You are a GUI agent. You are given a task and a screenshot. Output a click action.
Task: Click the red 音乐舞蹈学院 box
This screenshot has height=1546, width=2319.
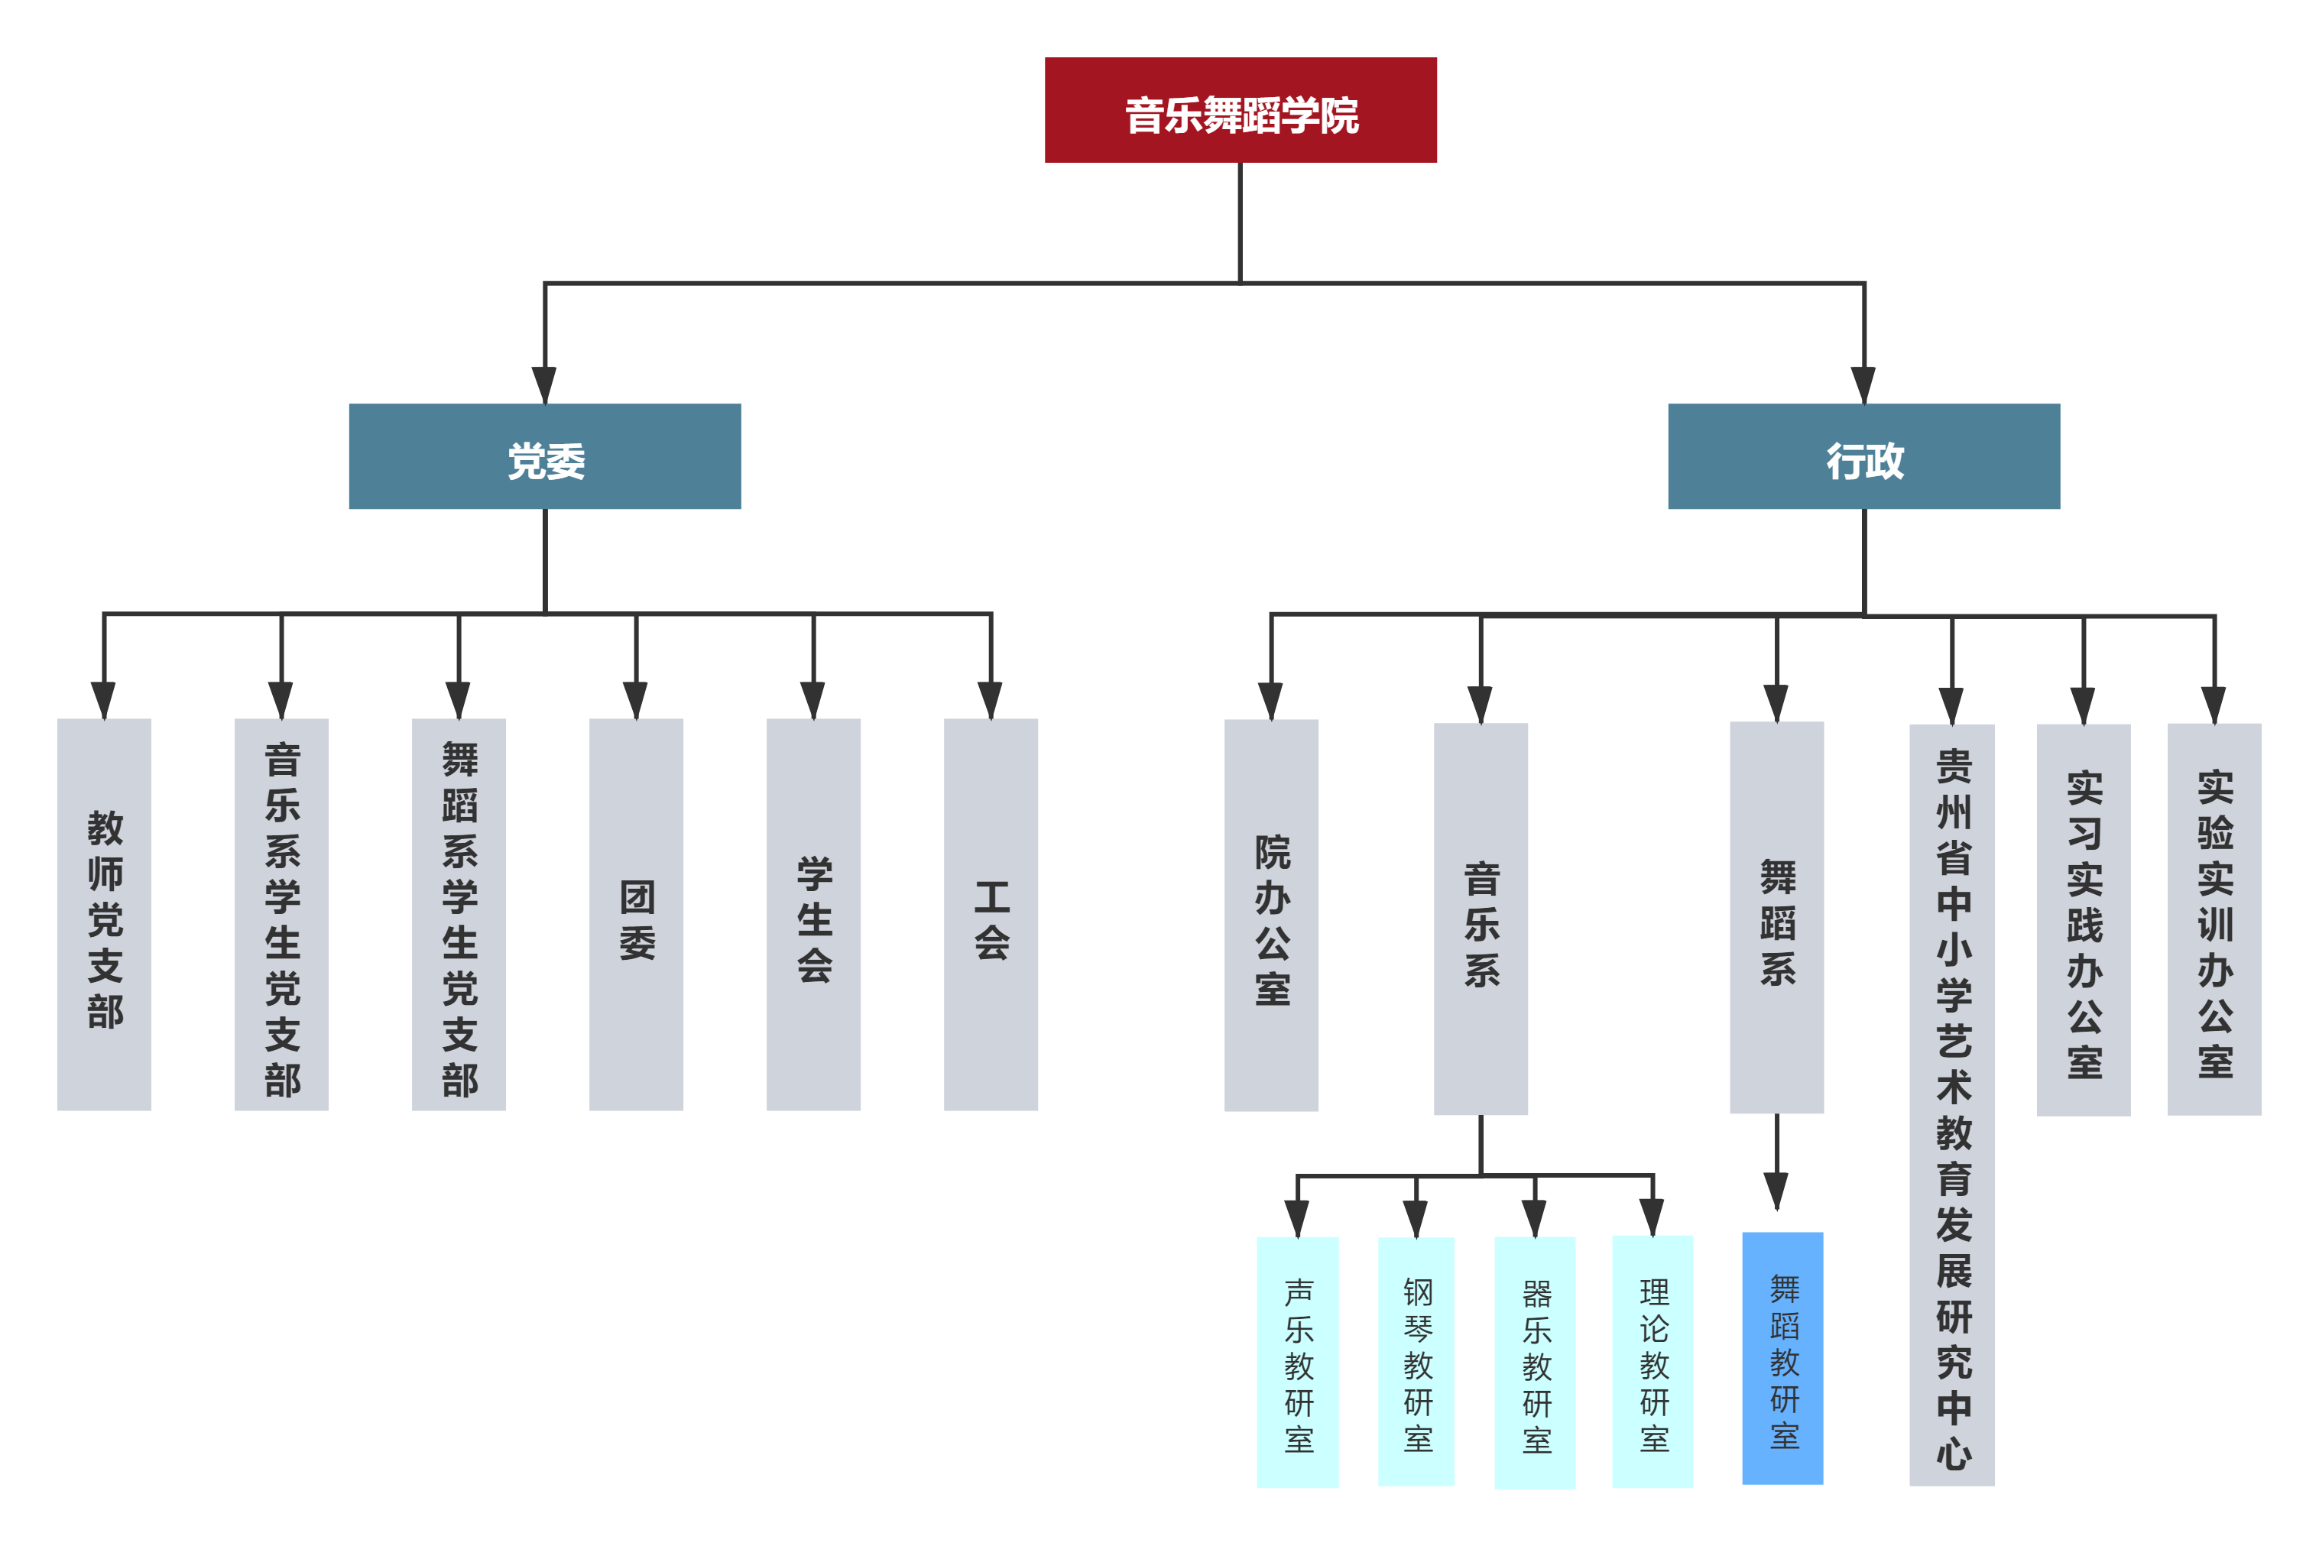click(1241, 110)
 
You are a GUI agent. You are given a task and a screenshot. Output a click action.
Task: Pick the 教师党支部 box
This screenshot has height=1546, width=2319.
click(105, 914)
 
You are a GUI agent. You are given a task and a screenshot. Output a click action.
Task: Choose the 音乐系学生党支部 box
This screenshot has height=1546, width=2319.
click(282, 914)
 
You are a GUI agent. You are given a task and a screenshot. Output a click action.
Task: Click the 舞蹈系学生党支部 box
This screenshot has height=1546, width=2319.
click(459, 914)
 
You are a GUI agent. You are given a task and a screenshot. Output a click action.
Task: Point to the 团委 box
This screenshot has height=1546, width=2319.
click(636, 914)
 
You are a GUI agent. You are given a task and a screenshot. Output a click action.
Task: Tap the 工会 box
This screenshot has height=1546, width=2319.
click(991, 914)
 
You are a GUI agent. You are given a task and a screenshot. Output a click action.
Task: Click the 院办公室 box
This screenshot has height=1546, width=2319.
click(1272, 915)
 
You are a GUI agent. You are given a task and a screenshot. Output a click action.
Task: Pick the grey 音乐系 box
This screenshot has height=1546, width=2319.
click(1481, 919)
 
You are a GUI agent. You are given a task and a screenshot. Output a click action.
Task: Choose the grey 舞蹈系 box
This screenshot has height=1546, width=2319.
click(1777, 918)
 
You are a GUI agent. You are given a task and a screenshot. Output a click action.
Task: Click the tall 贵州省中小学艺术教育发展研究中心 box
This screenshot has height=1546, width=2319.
click(1952, 1104)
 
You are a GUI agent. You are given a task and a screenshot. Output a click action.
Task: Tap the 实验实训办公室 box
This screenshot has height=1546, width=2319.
click(2214, 919)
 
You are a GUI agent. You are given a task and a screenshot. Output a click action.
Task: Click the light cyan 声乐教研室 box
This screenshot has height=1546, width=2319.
click(1298, 1362)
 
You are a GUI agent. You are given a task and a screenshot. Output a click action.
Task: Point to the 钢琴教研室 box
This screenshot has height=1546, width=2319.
click(1417, 1362)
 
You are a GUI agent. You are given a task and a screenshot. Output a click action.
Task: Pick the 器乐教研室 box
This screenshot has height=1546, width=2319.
click(1535, 1363)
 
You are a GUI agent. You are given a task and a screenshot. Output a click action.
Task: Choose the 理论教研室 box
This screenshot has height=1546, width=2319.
click(1652, 1362)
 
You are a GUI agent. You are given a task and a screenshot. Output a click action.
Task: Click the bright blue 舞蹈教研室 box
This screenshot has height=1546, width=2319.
click(1782, 1358)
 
